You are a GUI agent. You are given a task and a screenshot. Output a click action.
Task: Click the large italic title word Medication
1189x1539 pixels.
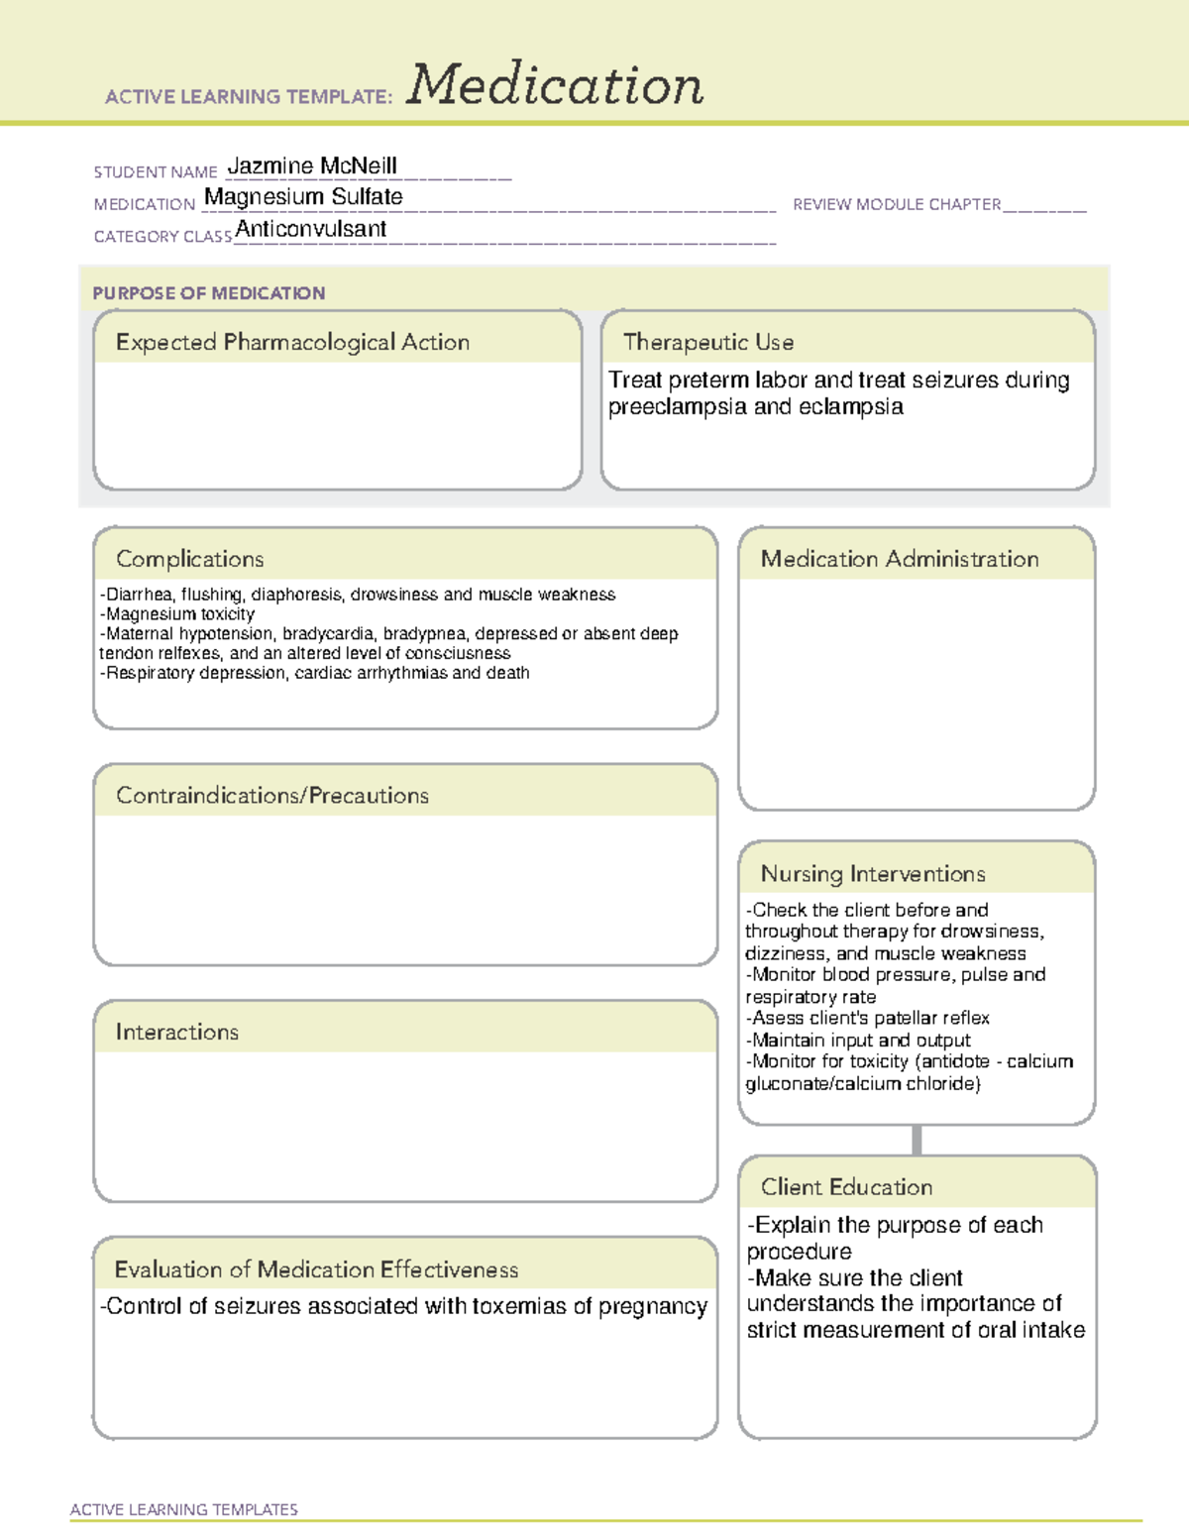[555, 85]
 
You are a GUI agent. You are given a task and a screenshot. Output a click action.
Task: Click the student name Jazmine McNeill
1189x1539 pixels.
[312, 165]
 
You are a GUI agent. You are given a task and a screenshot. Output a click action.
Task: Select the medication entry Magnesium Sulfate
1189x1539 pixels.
[303, 197]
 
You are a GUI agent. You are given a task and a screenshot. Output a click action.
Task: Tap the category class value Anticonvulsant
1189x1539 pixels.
[311, 229]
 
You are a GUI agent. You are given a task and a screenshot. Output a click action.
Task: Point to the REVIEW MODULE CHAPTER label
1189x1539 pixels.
[897, 204]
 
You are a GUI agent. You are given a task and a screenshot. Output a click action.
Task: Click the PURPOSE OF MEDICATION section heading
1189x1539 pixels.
[208, 293]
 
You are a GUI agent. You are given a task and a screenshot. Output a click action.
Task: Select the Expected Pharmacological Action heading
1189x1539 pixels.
[292, 342]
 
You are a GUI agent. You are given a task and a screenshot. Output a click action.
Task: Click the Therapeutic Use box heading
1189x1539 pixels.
[708, 342]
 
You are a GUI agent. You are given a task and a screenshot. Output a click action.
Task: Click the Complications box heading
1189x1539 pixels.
[190, 559]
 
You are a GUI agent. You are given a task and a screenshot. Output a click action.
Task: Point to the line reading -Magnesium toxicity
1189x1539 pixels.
[177, 614]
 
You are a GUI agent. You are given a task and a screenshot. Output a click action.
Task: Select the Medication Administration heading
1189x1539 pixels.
[900, 559]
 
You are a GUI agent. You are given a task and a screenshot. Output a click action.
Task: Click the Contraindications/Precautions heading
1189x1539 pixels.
[272, 796]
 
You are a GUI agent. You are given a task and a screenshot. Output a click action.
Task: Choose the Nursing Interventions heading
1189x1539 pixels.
[873, 874]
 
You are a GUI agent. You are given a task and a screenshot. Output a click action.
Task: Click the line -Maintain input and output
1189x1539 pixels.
[858, 1040]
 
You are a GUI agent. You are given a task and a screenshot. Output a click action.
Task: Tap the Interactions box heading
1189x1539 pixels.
[177, 1033]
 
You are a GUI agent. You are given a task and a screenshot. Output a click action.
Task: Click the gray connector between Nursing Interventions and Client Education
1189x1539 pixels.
[917, 1140]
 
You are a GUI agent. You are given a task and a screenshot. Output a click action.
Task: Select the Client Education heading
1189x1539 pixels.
[846, 1187]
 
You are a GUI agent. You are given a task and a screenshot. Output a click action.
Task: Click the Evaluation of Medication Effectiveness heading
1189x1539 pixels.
[316, 1269]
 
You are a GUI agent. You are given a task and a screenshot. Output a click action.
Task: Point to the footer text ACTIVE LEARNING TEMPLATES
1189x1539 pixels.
[184, 1509]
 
